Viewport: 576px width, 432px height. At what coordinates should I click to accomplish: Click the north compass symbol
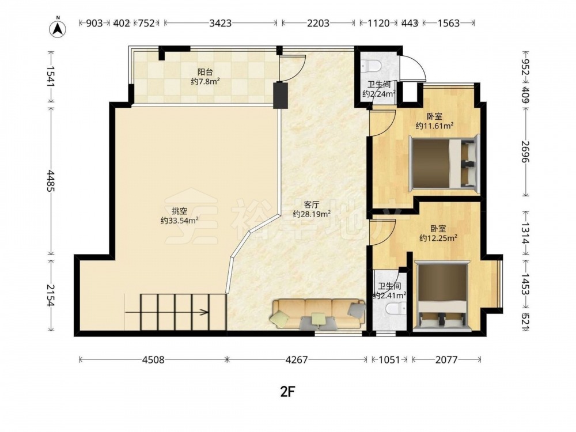(x=58, y=28)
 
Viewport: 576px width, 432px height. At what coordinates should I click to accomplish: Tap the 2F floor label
(x=288, y=392)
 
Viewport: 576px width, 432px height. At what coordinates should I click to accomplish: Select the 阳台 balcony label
(x=205, y=72)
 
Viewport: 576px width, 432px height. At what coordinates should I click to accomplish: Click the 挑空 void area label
(x=180, y=211)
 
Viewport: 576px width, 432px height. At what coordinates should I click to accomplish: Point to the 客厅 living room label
(x=312, y=204)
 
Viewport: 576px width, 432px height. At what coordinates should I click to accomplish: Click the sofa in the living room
(x=318, y=313)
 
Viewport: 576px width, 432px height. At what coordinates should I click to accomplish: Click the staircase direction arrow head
(x=204, y=313)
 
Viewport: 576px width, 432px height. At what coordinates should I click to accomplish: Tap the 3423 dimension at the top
(x=221, y=23)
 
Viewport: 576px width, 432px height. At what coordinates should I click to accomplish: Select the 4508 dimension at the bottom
(x=153, y=359)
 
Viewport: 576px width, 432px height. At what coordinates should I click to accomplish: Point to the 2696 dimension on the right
(x=525, y=152)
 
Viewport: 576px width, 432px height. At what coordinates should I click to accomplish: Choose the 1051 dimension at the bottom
(x=389, y=359)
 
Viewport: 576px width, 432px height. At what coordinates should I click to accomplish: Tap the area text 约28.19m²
(x=312, y=214)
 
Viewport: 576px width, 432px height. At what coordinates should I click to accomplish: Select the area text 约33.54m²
(x=180, y=220)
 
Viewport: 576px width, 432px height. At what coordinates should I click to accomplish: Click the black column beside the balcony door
(x=281, y=96)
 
